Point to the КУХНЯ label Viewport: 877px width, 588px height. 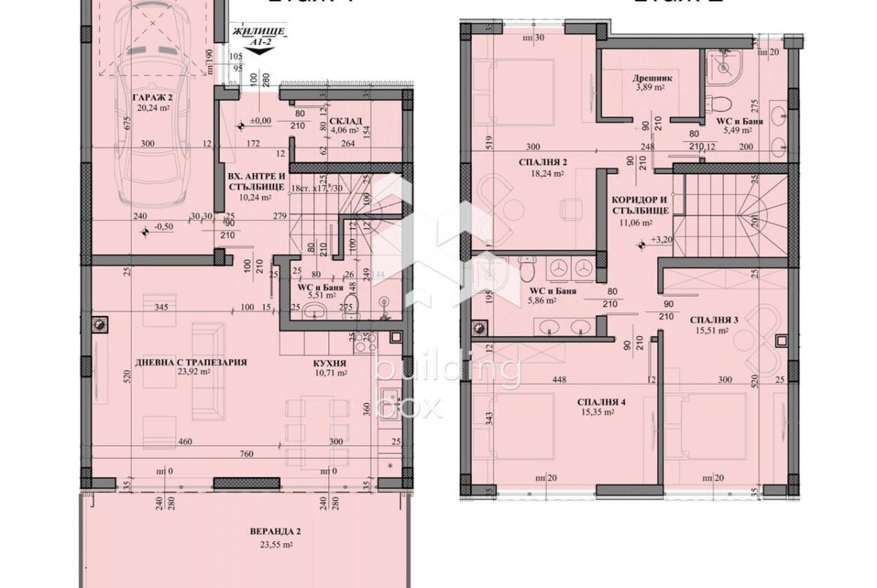pyautogui.click(x=330, y=361)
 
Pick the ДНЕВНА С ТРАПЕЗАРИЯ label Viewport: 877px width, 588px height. pyautogui.click(x=191, y=363)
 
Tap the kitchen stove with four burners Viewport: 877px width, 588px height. pyautogui.click(x=364, y=343)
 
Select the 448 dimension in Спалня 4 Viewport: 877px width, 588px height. pyautogui.click(x=558, y=379)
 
